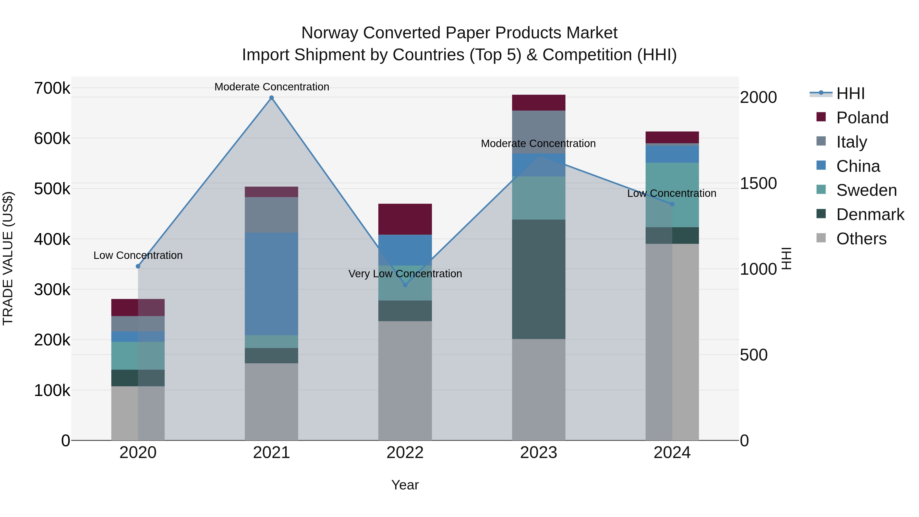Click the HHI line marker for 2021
(272, 98)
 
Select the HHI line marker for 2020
(138, 266)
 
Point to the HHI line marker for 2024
(672, 204)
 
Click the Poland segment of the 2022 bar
(405, 219)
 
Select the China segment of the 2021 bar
(272, 284)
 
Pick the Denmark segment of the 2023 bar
(539, 279)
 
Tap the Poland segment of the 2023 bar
(539, 103)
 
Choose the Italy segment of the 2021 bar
(272, 215)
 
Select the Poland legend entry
(862, 118)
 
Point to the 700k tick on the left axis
(52, 88)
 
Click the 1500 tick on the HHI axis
(758, 183)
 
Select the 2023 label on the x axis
(538, 453)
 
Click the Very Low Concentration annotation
(405, 274)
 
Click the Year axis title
(405, 485)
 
